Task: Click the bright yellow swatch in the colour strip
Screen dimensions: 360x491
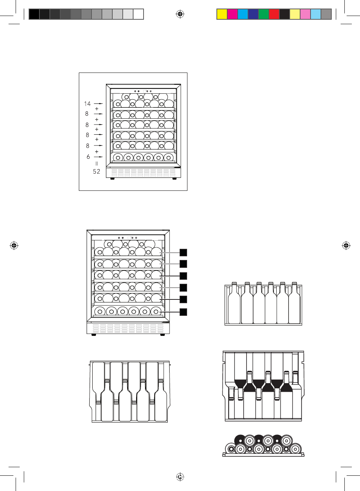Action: pyautogui.click(x=222, y=14)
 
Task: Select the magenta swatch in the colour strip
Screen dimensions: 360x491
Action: pyautogui.click(x=232, y=14)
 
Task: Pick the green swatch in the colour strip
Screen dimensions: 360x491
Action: pyautogui.click(x=264, y=14)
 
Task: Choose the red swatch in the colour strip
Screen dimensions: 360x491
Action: pyautogui.click(x=274, y=14)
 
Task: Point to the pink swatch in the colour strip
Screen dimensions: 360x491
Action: pyautogui.click(x=305, y=14)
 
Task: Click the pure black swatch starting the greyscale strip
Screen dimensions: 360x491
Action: pyautogui.click(x=34, y=14)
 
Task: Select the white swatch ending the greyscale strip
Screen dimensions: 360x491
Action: pyautogui.click(x=138, y=14)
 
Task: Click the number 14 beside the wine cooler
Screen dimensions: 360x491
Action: pyautogui.click(x=87, y=104)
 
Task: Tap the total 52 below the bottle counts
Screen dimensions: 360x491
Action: pyautogui.click(x=97, y=171)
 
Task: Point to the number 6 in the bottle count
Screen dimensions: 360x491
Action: pyautogui.click(x=88, y=157)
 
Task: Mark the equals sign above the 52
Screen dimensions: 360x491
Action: pyautogui.click(x=97, y=164)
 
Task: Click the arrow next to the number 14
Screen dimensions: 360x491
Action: pyautogui.click(x=99, y=104)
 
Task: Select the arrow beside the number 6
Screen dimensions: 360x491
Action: pyautogui.click(x=99, y=157)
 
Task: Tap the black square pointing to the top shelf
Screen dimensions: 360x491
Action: pyautogui.click(x=183, y=253)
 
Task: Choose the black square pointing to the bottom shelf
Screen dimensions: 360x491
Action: pyautogui.click(x=183, y=312)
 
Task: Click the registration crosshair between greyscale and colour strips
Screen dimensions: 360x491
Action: pyautogui.click(x=180, y=14)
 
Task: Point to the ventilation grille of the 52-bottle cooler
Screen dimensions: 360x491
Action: pyautogui.click(x=143, y=173)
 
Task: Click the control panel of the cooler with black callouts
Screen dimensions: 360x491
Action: pyautogui.click(x=128, y=238)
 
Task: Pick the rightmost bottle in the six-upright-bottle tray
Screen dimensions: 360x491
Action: pyautogui.click(x=294, y=305)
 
